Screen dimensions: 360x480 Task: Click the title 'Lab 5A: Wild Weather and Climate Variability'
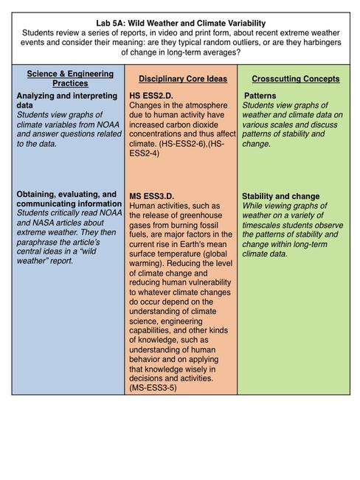(x=180, y=23)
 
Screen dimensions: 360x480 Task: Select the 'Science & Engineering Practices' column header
(x=69, y=79)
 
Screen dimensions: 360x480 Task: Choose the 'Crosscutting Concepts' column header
(x=295, y=79)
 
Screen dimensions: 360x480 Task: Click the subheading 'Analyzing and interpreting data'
(x=58, y=101)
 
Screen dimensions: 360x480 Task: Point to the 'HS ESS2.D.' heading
(x=152, y=96)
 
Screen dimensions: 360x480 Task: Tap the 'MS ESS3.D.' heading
(x=153, y=195)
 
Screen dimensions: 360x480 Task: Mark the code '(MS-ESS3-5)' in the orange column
(x=153, y=387)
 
